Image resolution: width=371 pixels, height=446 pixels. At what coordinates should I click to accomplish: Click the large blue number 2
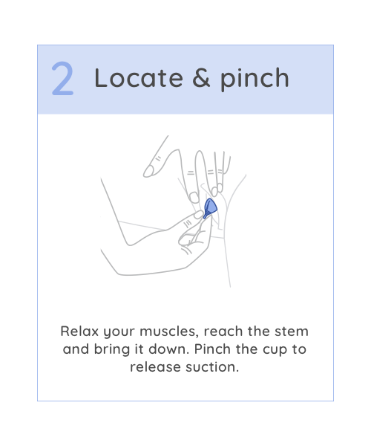tap(63, 78)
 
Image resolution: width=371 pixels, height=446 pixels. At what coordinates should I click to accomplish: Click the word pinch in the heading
tap(255, 79)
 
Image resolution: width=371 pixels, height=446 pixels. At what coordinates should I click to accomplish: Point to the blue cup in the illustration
tap(210, 207)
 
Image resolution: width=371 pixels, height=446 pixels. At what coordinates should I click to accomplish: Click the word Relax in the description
tap(79, 332)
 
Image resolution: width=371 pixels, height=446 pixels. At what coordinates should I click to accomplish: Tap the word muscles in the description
tap(168, 332)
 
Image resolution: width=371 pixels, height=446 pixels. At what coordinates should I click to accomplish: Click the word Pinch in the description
tap(212, 349)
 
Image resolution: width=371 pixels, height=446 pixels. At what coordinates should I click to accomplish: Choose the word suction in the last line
tap(212, 367)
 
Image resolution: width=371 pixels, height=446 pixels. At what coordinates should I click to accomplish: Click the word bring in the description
tap(112, 350)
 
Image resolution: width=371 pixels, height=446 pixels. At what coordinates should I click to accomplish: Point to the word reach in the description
tap(223, 332)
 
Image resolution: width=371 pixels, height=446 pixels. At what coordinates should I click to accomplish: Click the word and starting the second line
tap(76, 349)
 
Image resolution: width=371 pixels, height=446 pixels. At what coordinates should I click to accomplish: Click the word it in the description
tap(139, 349)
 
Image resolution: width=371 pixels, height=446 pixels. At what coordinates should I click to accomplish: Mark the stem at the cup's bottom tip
tap(205, 216)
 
